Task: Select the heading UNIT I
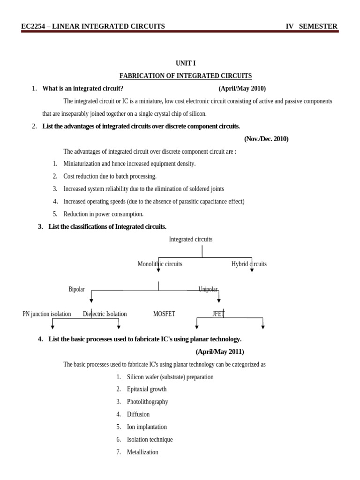tap(186, 63)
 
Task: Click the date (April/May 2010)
tap(242, 89)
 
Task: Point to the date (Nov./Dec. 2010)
tap(266, 139)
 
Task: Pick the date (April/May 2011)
tap(220, 352)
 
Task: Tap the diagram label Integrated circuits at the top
tap(190, 239)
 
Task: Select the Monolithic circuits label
tap(160, 264)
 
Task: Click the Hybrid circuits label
tap(249, 264)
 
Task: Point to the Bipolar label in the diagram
tap(76, 289)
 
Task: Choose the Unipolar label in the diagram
tap(208, 289)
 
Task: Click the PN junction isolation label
tap(47, 314)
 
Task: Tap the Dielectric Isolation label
tap(105, 314)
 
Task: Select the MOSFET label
tap(164, 314)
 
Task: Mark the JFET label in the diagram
tap(218, 314)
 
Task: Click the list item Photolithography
tap(147, 402)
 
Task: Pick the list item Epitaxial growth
tap(147, 389)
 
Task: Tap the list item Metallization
tap(142, 452)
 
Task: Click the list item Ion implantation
tap(147, 427)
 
